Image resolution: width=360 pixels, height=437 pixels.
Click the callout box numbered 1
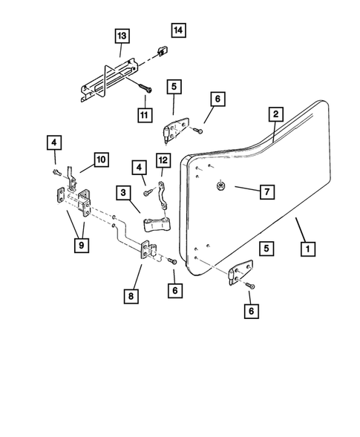304,249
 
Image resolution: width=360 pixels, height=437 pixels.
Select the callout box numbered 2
275,114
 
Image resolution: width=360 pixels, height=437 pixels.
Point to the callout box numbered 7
265,191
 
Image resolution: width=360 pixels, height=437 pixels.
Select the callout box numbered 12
164,160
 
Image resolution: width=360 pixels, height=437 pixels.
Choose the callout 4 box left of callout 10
54,142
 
